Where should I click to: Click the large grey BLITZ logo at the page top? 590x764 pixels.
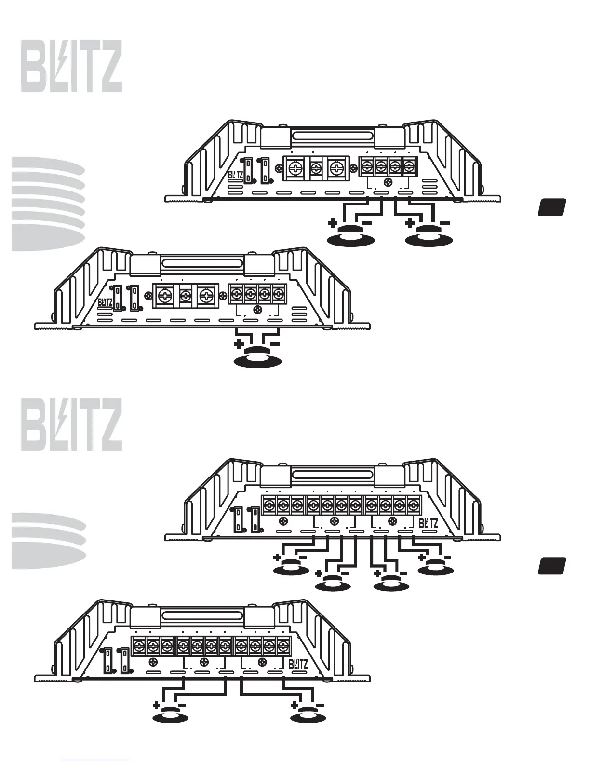[x=71, y=66]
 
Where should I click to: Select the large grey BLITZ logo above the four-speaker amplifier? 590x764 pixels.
[x=71, y=424]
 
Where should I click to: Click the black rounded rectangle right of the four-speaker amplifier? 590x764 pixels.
[x=551, y=566]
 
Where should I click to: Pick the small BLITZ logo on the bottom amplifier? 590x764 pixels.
[x=298, y=665]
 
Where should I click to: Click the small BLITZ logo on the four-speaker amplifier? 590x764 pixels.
[x=428, y=523]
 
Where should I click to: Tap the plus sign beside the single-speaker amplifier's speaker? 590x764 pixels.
[x=238, y=344]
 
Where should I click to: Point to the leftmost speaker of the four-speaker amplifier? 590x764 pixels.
[x=291, y=569]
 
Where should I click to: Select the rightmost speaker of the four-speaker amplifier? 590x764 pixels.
[x=436, y=569]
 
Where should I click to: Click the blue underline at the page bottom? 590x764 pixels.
[x=96, y=760]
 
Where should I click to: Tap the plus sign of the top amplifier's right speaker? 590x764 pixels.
[x=410, y=223]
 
